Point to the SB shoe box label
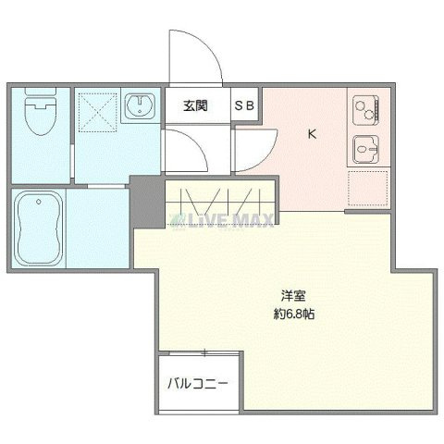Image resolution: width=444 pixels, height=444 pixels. coord(245,105)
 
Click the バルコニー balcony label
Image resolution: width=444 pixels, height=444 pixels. coord(197,383)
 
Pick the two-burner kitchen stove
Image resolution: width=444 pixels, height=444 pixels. coord(365,109)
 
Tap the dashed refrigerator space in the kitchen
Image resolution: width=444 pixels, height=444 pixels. coord(366,188)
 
